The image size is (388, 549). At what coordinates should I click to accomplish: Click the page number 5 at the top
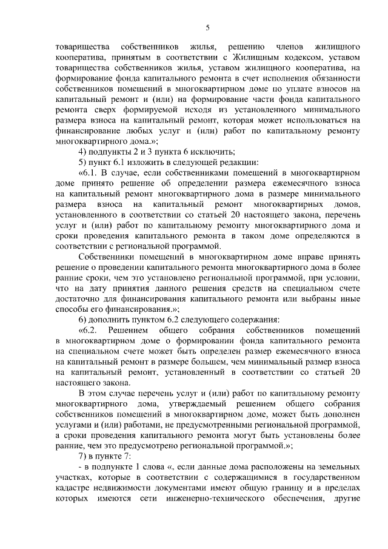pyautogui.click(x=207, y=27)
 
